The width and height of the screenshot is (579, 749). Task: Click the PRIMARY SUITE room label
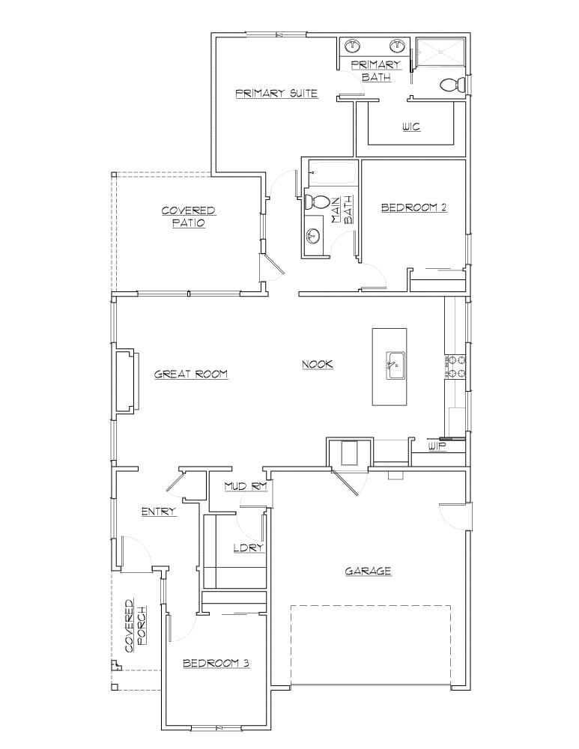(x=276, y=94)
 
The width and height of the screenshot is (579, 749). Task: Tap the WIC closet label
(x=410, y=127)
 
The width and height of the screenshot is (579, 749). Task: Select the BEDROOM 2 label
(x=413, y=207)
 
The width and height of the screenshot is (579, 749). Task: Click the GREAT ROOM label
(x=190, y=374)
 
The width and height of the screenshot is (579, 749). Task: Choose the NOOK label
(x=317, y=365)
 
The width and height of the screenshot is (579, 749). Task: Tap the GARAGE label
(x=368, y=571)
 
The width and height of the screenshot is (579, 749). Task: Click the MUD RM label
(x=246, y=487)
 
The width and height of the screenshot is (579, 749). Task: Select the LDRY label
(x=247, y=548)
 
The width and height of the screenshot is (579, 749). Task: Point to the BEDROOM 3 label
(x=216, y=663)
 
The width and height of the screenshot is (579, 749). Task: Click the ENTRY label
(x=159, y=512)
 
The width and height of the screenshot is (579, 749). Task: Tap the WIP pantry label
(x=437, y=446)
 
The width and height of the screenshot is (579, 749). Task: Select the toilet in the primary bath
(x=452, y=85)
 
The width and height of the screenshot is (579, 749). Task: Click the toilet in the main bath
(x=318, y=201)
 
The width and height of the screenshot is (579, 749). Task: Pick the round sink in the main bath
(x=313, y=236)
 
